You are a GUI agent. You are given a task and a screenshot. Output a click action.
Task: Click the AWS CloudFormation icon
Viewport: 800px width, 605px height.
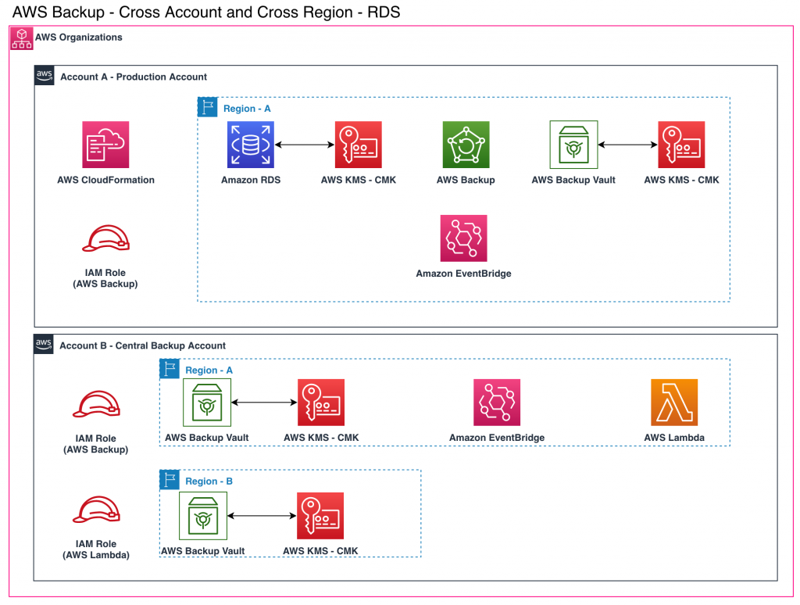pos(105,145)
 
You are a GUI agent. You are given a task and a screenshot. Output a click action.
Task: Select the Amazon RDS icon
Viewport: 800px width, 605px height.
pos(251,145)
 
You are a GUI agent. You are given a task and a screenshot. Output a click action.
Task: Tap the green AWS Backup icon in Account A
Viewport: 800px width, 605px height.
pos(466,145)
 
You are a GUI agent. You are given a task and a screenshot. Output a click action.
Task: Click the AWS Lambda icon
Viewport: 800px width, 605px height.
pos(674,403)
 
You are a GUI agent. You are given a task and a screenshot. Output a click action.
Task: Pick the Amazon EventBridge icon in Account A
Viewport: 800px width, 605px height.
pos(464,238)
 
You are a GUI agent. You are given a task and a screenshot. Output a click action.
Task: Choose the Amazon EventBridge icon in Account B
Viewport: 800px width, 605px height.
pos(497,403)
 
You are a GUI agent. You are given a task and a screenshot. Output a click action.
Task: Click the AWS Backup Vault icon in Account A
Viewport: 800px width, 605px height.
pos(573,145)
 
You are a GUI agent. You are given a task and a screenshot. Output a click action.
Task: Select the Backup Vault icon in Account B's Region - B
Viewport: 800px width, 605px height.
pos(203,516)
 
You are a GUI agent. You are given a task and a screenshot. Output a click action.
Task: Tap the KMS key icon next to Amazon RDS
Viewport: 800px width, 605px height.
pos(358,145)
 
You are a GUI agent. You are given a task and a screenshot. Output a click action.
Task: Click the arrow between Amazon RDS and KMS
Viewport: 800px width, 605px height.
pos(305,145)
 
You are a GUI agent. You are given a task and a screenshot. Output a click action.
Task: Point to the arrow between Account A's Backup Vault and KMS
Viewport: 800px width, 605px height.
pos(627,145)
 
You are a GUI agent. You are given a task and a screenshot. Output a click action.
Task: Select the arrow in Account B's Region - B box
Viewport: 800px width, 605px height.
pos(262,516)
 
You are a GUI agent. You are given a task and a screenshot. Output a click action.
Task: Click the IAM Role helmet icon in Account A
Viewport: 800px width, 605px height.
pos(106,239)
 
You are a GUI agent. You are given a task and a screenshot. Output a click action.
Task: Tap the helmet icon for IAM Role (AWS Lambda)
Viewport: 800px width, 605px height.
pos(96,510)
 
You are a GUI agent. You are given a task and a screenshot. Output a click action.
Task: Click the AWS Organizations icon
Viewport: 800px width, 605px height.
pos(21,38)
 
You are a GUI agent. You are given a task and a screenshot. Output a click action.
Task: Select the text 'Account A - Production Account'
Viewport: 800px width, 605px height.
pos(134,77)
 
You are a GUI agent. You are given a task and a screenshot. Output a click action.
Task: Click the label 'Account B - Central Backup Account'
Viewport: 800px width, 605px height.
pos(142,345)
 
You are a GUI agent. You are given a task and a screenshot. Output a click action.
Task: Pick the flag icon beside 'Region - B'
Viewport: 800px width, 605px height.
pos(170,480)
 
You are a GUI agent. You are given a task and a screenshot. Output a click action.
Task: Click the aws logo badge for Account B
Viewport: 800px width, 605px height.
pos(44,344)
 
